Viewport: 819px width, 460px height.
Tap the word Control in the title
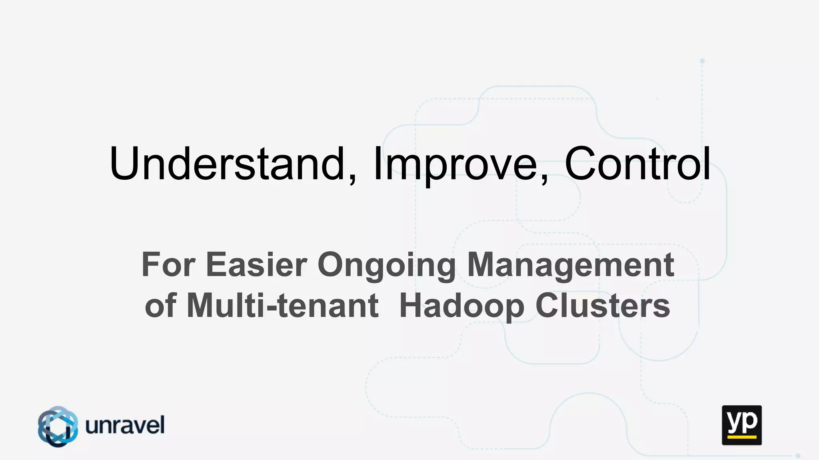coord(637,164)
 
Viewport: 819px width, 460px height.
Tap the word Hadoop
coord(462,307)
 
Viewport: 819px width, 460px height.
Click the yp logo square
coord(741,425)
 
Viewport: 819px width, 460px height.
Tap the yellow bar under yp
coord(741,437)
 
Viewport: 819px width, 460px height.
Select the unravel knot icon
coord(58,426)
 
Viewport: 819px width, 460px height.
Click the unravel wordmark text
coord(125,425)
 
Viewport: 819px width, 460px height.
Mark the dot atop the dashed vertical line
coord(702,61)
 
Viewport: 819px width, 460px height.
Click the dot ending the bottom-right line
coord(798,456)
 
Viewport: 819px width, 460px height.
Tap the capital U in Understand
coord(125,164)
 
